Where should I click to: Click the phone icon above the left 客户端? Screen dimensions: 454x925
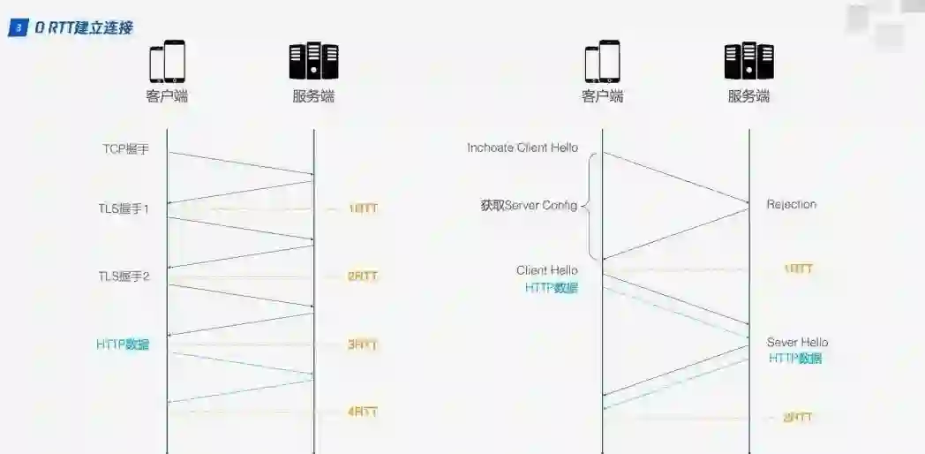[x=167, y=62]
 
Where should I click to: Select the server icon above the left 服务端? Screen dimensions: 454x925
[x=313, y=62]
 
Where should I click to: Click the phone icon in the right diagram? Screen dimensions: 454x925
[x=603, y=62]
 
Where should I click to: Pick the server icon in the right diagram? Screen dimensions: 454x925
[x=749, y=62]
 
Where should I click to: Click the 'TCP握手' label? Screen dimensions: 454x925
[x=126, y=149]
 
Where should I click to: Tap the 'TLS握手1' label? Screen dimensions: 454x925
[x=124, y=209]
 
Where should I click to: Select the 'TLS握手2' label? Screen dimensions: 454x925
[x=124, y=276]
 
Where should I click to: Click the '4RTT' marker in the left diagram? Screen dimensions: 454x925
[x=363, y=412]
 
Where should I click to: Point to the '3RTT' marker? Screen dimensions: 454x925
[x=363, y=344]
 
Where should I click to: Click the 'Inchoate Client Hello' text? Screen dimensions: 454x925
[x=523, y=148]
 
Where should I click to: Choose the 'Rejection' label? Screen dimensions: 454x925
[x=792, y=204]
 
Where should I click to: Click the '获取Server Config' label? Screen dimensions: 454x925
[x=529, y=206]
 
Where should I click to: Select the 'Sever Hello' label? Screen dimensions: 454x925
[x=797, y=342]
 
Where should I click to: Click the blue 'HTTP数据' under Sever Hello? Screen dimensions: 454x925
[x=795, y=359]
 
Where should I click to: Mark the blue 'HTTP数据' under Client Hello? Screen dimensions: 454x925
[x=552, y=288]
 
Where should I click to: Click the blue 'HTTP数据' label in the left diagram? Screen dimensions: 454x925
[x=123, y=344]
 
